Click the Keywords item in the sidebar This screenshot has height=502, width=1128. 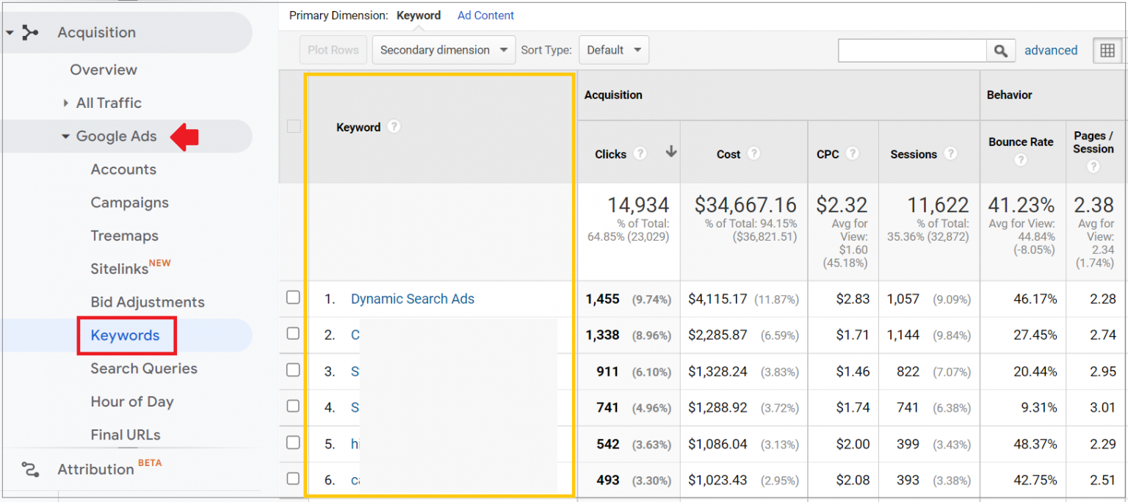(125, 335)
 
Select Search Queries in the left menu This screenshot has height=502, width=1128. (144, 368)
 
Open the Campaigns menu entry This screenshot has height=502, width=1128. (129, 203)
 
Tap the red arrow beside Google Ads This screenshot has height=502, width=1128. (184, 137)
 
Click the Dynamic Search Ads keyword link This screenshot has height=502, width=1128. (412, 299)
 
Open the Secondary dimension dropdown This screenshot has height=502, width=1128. (444, 50)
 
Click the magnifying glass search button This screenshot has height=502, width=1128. (1000, 51)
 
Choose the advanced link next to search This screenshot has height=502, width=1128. (1051, 51)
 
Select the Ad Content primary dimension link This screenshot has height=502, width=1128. (485, 15)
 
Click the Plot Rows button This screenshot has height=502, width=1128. (333, 50)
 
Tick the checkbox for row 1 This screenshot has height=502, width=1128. (293, 297)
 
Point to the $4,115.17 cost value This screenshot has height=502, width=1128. (717, 299)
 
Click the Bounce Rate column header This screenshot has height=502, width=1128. (1021, 142)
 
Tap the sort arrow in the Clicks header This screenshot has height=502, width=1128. (670, 152)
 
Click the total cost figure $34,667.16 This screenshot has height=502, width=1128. (745, 205)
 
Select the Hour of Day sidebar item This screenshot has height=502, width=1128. (132, 401)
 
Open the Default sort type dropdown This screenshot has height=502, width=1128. (614, 50)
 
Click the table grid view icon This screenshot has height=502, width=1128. (1107, 50)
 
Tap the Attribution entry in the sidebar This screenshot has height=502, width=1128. (95, 469)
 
